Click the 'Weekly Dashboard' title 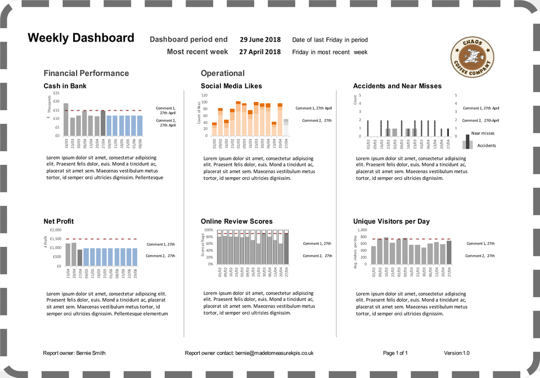[x=81, y=38]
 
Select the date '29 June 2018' [x=260, y=40]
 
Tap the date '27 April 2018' [x=260, y=52]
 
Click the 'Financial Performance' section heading [x=86, y=73]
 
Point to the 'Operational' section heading [x=223, y=73]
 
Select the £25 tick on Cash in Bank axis [x=56, y=93]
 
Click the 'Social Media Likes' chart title [x=231, y=86]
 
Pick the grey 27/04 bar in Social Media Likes [x=286, y=127]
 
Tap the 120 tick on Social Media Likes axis [x=204, y=95]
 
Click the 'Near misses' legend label [x=483, y=133]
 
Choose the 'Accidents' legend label [x=486, y=146]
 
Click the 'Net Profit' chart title [x=58, y=221]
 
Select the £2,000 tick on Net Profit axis [x=55, y=230]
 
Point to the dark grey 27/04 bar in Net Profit [x=80, y=258]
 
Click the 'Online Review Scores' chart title [x=236, y=221]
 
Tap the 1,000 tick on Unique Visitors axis [x=362, y=230]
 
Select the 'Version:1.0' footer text [x=456, y=353]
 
